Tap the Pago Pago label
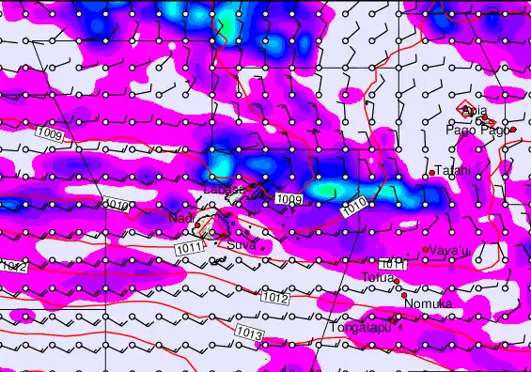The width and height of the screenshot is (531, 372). coord(481,130)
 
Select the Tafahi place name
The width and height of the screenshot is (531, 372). coord(454,170)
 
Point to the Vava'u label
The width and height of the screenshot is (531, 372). coord(446,250)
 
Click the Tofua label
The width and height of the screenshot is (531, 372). coord(378,277)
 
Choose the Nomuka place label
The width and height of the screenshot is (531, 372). coord(429,304)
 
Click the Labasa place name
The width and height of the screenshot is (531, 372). coord(224,190)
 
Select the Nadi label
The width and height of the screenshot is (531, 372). coord(180,218)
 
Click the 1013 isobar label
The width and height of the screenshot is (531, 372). coord(249,333)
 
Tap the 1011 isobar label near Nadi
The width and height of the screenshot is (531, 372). coord(188,247)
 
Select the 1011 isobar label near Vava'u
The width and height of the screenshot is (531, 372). coord(392,264)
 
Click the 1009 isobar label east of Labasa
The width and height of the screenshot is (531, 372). coord(289,199)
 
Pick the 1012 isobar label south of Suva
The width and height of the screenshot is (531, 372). coord(274,297)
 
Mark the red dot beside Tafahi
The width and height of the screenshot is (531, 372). coord(431,173)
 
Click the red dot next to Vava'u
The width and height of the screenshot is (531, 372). coord(426,249)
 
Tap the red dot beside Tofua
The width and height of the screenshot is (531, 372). coord(397,281)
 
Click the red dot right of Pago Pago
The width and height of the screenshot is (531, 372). coord(513,130)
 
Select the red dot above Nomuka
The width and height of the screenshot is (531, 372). coord(404,295)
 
